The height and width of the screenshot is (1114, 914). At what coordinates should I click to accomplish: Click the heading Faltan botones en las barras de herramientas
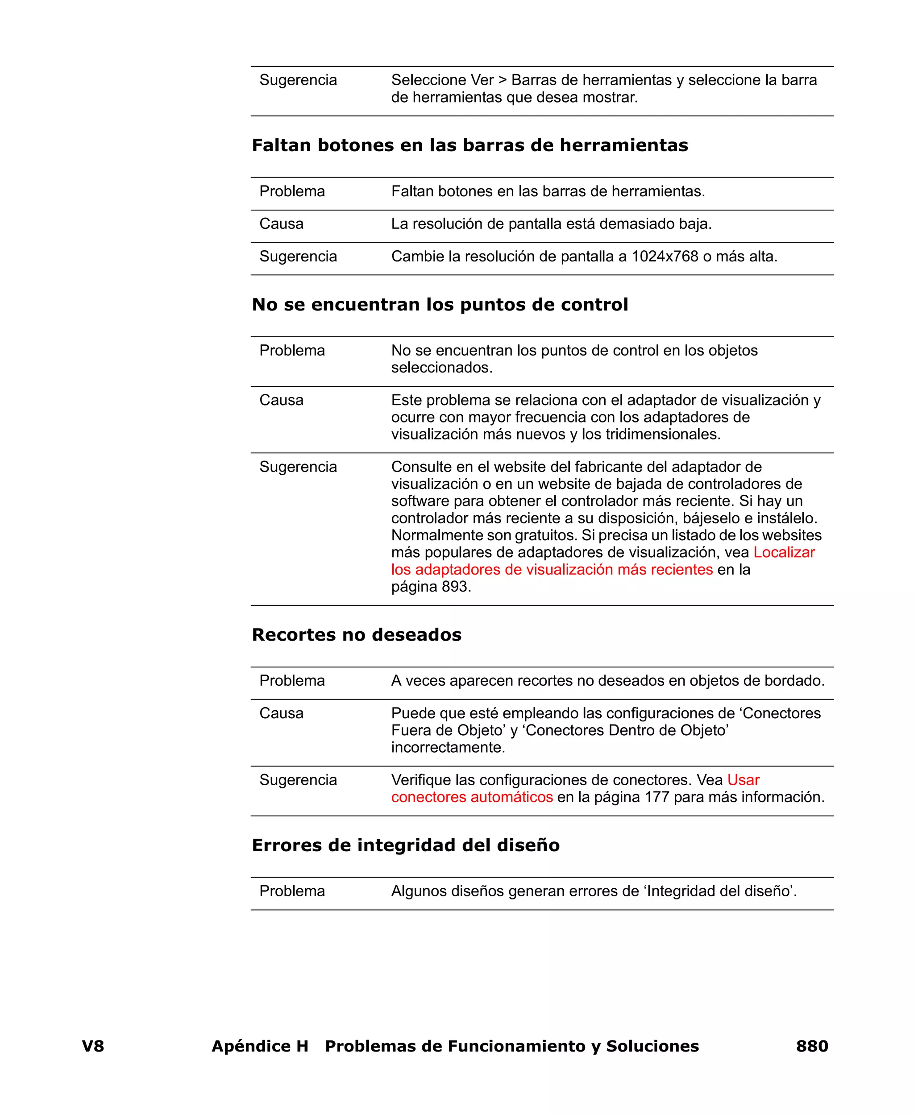point(469,145)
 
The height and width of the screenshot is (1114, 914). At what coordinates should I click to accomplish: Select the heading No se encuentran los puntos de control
point(440,305)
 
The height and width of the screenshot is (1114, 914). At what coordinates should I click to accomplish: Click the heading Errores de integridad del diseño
point(405,845)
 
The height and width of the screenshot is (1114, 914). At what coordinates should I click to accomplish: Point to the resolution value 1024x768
point(665,257)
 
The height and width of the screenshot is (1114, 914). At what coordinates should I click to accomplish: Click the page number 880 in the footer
point(811,1046)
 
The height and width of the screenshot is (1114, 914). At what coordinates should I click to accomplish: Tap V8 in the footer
point(93,1046)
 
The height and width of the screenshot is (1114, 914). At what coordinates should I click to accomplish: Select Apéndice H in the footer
point(260,1046)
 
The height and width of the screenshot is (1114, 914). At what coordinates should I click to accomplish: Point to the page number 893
point(454,587)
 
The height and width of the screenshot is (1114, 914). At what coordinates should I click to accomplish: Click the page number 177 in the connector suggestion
point(656,797)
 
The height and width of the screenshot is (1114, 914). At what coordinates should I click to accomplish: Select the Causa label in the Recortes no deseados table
point(281,713)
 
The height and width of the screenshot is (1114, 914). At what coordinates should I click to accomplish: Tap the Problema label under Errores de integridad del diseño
point(292,891)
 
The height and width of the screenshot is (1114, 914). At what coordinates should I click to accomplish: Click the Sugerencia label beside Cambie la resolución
point(298,257)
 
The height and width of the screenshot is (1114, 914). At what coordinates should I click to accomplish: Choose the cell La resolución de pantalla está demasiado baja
point(551,224)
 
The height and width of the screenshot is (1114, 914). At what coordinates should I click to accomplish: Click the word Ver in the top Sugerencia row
point(482,80)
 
